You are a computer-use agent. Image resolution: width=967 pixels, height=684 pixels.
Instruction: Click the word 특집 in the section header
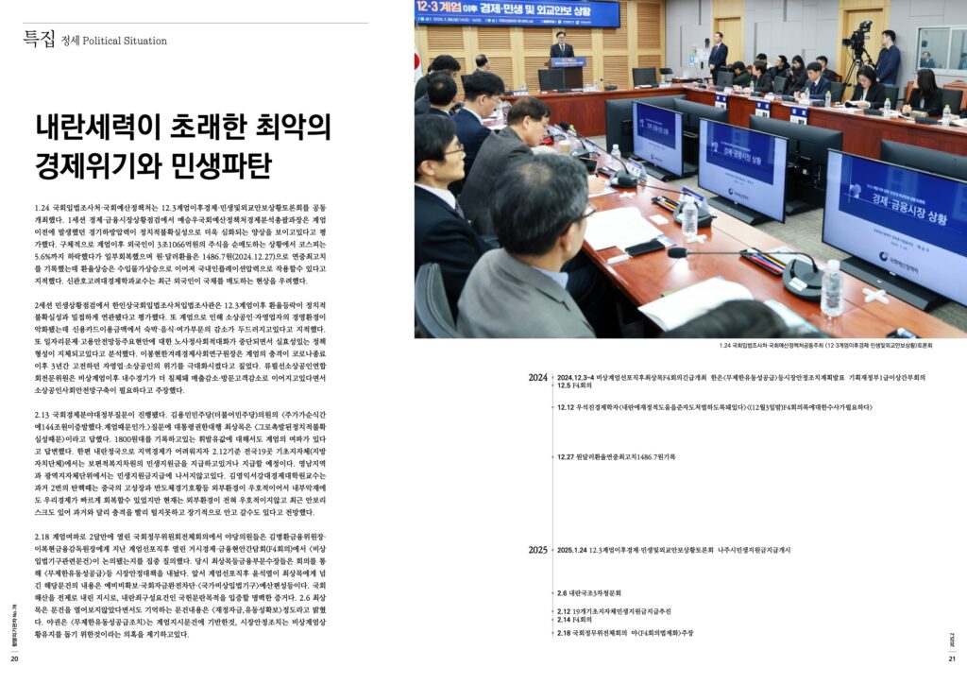click(x=39, y=39)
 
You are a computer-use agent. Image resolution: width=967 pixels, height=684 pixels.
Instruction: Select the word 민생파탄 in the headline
click(x=226, y=164)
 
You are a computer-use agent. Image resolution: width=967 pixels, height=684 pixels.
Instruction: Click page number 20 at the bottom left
click(x=14, y=658)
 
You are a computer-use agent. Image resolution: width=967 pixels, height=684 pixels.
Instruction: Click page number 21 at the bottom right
click(x=953, y=658)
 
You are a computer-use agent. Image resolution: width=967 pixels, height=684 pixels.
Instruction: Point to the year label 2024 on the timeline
click(x=537, y=377)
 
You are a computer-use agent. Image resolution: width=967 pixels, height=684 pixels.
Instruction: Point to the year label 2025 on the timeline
click(x=537, y=549)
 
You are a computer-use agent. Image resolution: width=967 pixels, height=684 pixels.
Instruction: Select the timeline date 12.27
click(x=566, y=457)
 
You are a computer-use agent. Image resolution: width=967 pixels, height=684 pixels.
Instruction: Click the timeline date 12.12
click(x=566, y=407)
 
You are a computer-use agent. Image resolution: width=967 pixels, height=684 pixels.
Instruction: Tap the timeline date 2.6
click(x=562, y=592)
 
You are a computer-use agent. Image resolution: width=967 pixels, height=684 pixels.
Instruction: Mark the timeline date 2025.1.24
click(x=571, y=549)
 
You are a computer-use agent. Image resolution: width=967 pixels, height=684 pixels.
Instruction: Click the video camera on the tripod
click(x=860, y=43)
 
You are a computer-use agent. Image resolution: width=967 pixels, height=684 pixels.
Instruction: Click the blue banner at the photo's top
click(x=517, y=13)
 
